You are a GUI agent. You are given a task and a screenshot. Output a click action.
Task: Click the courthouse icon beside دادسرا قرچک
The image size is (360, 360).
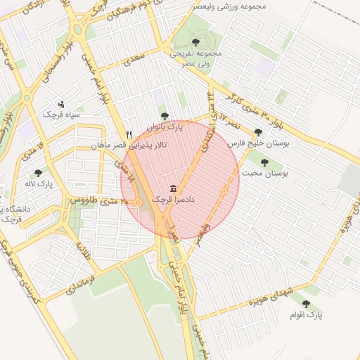[174, 189]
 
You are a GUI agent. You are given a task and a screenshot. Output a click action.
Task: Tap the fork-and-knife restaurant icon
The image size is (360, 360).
[129, 134]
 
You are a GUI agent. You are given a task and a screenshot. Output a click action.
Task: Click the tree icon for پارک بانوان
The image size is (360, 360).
[165, 116]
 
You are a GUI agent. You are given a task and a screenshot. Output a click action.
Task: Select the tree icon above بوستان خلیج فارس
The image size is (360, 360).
[258, 131]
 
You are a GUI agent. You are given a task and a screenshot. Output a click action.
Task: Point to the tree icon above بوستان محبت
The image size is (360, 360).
[264, 162]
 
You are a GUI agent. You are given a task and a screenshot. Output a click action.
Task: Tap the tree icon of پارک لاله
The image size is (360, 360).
[38, 173]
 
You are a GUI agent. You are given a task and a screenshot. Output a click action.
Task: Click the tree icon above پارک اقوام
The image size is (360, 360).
[305, 304]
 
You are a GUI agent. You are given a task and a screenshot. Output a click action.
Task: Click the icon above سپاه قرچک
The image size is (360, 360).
[61, 103]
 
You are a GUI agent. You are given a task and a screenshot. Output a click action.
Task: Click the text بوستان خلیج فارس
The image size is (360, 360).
[259, 143]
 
